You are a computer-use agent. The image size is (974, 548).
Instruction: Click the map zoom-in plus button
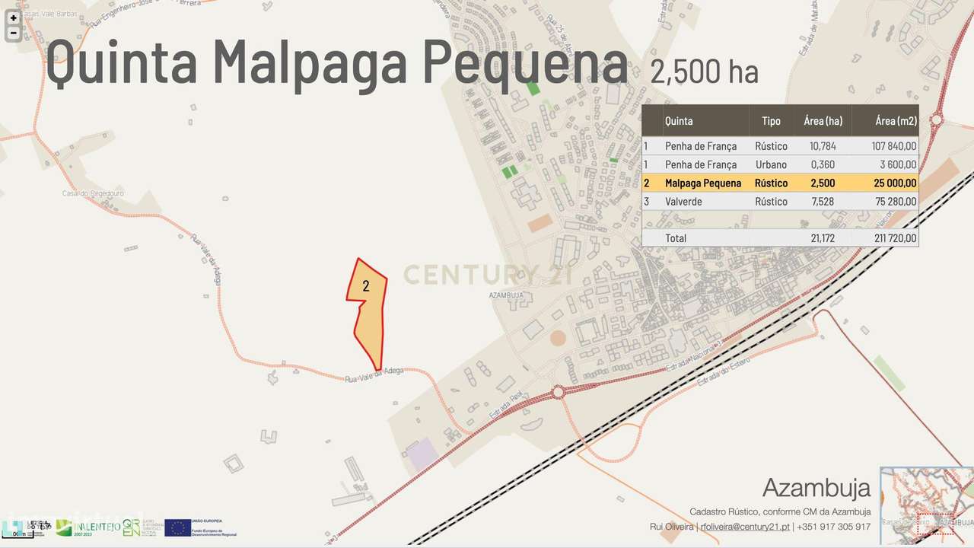[x=13, y=18]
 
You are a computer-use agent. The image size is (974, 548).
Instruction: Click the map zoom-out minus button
[x=13, y=33]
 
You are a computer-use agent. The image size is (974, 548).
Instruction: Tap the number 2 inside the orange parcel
[x=366, y=286]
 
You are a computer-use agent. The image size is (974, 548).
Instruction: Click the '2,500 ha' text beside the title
[x=704, y=72]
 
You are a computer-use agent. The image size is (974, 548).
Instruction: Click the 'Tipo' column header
[x=771, y=121]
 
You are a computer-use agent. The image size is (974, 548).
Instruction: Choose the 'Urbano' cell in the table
[x=772, y=164]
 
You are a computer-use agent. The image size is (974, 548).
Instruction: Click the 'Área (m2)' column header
[x=896, y=121]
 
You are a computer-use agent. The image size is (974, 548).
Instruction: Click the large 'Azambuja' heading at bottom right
[x=816, y=487]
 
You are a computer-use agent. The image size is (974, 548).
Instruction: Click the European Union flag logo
[x=177, y=527]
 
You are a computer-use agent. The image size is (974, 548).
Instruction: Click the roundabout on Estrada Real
[x=559, y=391]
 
